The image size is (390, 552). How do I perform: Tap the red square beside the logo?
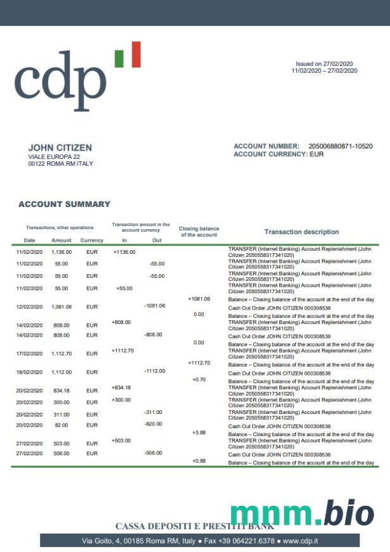(x=134, y=54)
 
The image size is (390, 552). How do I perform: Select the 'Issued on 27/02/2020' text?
(x=324, y=64)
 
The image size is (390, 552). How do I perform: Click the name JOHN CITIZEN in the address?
(x=60, y=147)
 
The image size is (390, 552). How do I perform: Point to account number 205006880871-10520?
(x=340, y=146)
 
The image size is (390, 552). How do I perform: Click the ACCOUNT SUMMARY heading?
(x=64, y=204)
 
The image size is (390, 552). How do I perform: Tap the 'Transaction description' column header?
(x=301, y=232)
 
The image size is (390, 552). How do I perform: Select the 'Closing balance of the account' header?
(x=199, y=232)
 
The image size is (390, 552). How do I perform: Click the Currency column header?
(x=92, y=241)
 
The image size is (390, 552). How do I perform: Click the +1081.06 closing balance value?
(x=199, y=299)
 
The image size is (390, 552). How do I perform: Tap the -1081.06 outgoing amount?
(x=154, y=306)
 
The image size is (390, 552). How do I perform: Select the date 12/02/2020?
(x=29, y=306)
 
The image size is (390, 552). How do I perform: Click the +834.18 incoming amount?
(x=121, y=387)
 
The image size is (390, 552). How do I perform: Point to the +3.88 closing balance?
(x=199, y=432)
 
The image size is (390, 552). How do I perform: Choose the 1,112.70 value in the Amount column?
(x=61, y=353)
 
